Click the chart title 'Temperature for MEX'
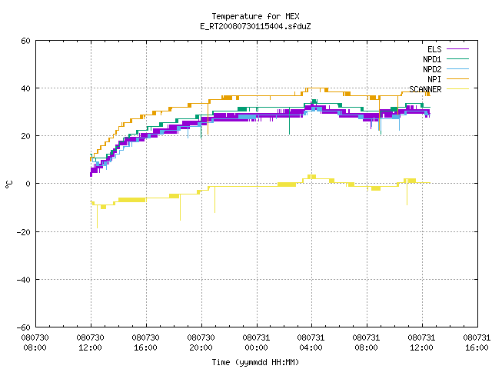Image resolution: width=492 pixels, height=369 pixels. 255,16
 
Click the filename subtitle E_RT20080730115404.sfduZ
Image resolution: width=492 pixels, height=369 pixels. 255,26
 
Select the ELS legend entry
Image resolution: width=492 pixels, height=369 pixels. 447,49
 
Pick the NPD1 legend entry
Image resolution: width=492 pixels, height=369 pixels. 446,59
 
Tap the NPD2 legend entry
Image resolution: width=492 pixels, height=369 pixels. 446,69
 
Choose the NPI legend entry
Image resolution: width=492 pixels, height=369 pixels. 447,79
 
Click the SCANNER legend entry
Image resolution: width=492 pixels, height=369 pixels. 439,89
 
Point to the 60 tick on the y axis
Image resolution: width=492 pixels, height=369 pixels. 25,41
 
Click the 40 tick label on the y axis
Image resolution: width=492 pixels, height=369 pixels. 25,88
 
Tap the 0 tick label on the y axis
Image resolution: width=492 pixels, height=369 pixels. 28,184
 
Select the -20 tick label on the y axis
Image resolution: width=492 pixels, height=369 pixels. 24,232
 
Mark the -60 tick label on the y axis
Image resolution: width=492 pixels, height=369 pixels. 24,327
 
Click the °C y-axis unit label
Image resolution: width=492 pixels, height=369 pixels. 9,184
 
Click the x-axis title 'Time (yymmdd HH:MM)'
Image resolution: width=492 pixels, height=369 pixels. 255,362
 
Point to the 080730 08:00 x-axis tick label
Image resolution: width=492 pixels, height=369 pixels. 35,343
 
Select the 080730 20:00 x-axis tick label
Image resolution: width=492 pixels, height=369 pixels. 201,343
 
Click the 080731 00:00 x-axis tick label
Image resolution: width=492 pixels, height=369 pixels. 256,343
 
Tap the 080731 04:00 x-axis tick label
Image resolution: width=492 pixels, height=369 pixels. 311,343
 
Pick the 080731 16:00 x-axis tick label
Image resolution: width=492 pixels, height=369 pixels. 477,343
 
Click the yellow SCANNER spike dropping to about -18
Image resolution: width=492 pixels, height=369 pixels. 97,217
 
